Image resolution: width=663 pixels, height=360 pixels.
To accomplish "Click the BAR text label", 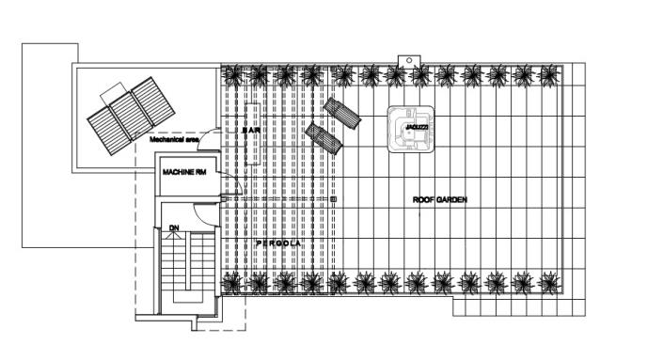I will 250,132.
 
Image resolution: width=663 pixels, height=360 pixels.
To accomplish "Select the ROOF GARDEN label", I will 440,200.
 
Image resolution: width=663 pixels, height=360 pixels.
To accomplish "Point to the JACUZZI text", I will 410,125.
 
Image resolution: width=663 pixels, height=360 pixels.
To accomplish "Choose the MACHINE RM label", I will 184,173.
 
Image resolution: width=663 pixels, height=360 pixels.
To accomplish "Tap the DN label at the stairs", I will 174,228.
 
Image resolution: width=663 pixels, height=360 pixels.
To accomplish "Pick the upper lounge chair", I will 342,115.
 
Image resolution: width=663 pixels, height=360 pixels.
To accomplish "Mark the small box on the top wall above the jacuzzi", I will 410,61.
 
